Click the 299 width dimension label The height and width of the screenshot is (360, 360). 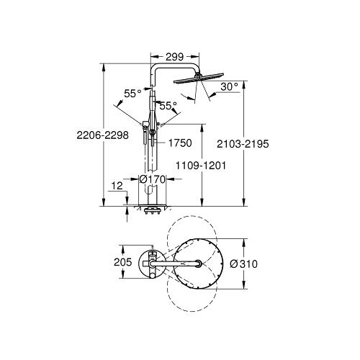(x=174, y=57)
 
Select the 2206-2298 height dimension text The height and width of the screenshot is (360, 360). (x=102, y=135)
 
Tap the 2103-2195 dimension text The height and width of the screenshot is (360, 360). (x=243, y=144)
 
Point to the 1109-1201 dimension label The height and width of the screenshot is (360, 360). (x=201, y=166)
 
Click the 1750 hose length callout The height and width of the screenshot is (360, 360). (x=180, y=143)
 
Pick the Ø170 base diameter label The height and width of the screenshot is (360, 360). (x=153, y=179)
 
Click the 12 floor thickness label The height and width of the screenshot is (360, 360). (x=117, y=186)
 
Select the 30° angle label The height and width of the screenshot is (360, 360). (x=229, y=86)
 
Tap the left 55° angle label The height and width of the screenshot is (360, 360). (x=132, y=94)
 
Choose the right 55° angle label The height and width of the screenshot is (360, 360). (x=168, y=106)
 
